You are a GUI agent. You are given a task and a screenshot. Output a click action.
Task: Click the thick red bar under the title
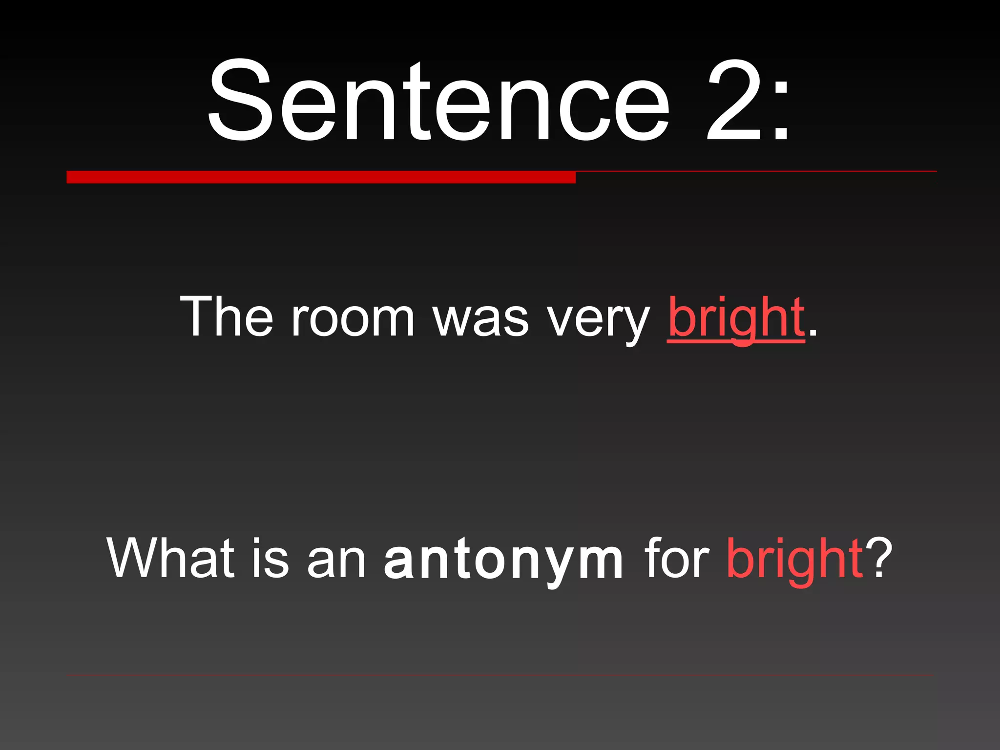click(321, 177)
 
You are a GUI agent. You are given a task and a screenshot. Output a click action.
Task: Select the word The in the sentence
click(227, 316)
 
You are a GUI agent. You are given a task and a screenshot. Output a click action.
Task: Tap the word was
click(481, 320)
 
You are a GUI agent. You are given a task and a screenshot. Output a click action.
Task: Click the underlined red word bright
click(736, 318)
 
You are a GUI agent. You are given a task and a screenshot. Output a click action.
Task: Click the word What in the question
click(170, 558)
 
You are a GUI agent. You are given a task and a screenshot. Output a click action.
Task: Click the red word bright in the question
click(794, 559)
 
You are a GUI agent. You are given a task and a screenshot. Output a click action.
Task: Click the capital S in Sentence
click(239, 100)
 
